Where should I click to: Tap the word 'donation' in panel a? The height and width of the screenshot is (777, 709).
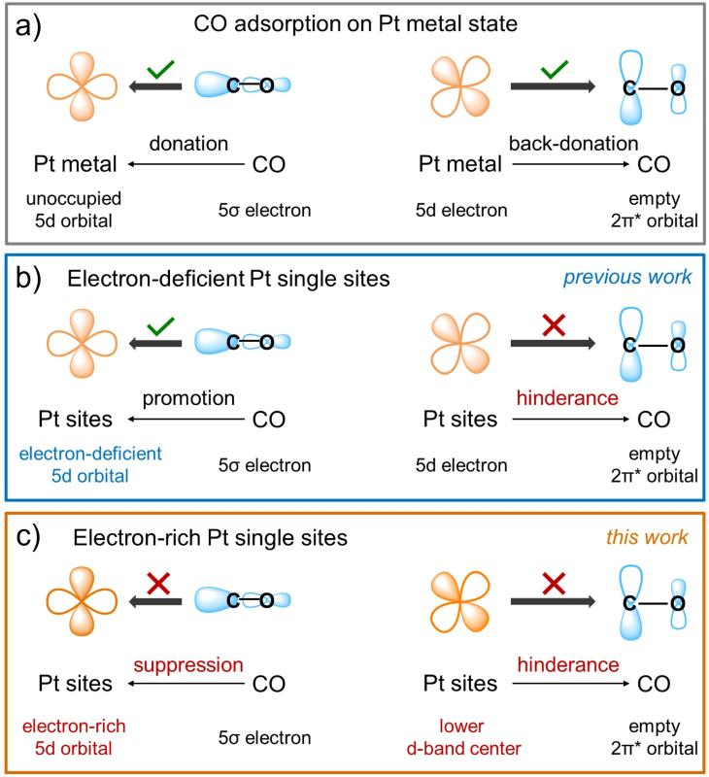pos(188,144)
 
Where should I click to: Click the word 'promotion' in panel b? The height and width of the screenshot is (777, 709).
pos(188,398)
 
